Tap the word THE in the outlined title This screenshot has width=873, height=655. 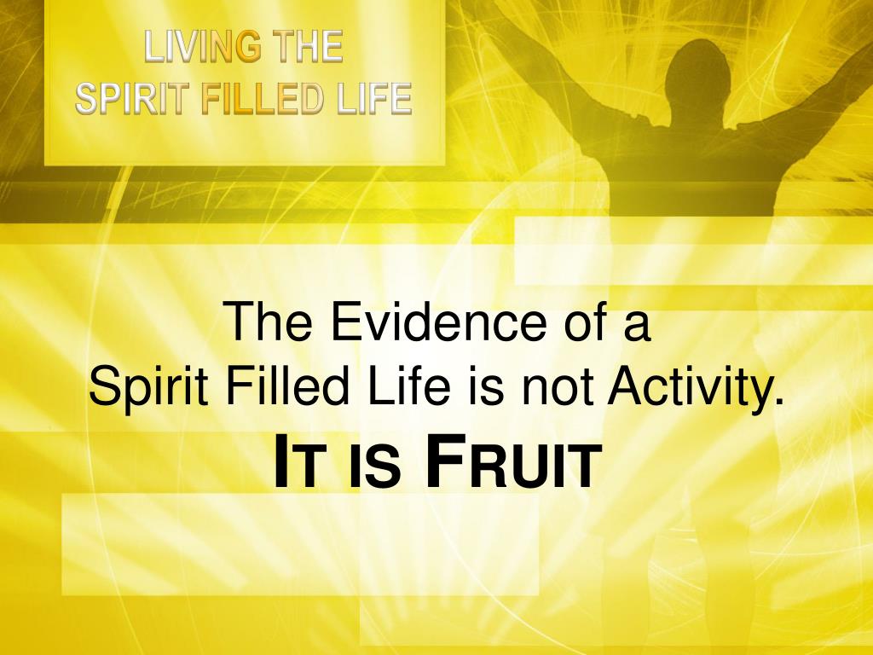point(307,47)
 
